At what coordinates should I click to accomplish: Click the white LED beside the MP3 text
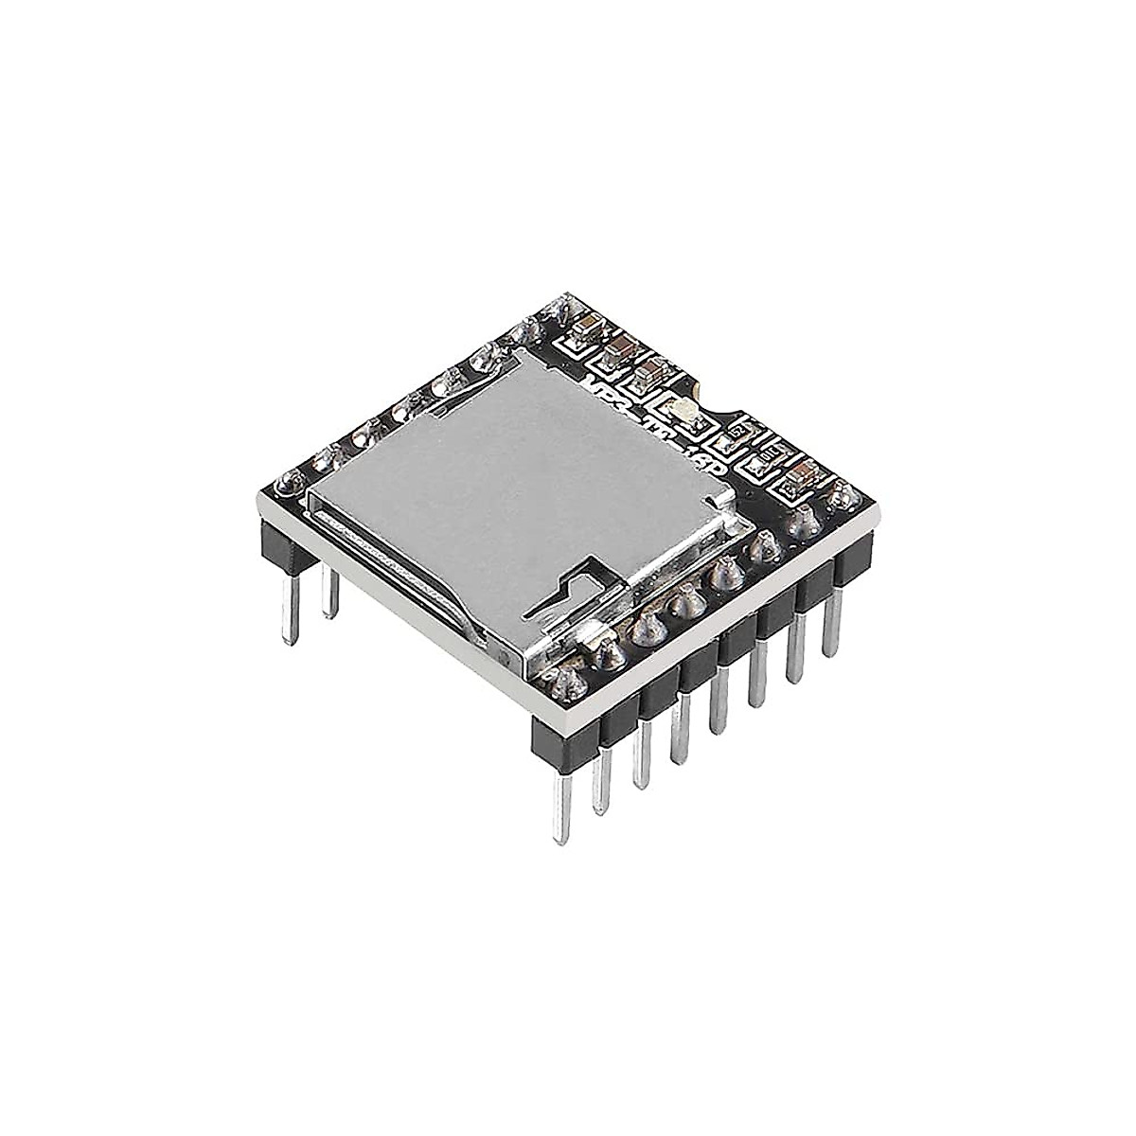click(683, 409)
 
